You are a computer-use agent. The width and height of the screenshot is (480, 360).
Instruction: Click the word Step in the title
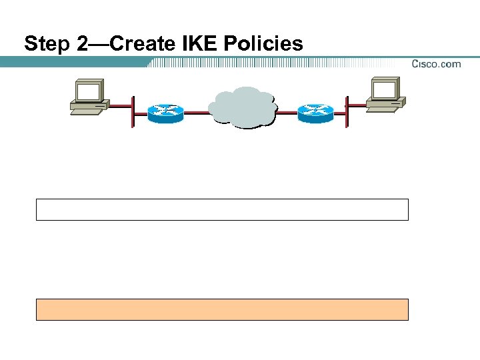coord(45,45)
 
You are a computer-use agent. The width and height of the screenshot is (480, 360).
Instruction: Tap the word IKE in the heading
coord(202,45)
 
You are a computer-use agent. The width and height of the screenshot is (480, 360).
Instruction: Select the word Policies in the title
coord(265,45)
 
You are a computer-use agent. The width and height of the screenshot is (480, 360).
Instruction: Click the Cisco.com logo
coord(436,64)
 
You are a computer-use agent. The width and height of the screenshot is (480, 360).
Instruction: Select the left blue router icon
coord(165,113)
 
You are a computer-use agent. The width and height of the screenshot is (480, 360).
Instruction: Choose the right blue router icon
coord(315,113)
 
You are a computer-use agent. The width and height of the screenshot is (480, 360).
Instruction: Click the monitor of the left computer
coord(88,91)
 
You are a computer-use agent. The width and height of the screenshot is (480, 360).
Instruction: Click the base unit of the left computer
coord(89,107)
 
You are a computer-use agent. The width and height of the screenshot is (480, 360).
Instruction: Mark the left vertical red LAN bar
coord(133,111)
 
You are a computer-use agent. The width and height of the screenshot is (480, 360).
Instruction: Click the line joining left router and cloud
coord(196,113)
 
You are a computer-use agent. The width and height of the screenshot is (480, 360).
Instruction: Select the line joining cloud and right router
coord(287,113)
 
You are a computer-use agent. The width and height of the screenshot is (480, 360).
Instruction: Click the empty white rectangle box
coord(221,209)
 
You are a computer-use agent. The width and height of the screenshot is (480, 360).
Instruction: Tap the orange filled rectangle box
coord(221,309)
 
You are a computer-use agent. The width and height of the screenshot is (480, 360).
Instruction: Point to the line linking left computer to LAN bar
coord(120,105)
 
